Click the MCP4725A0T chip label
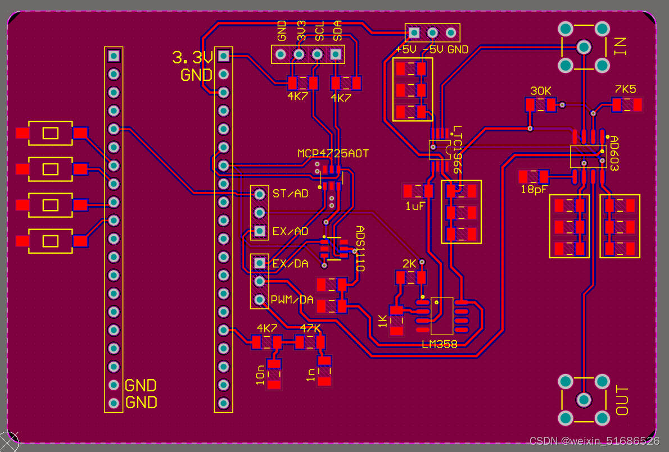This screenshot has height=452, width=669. pos(333,153)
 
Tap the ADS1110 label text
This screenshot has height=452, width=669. pos(360,249)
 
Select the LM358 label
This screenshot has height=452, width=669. pos(440,344)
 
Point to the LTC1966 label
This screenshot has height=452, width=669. pos(457,149)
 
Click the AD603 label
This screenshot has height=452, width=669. pos(613,153)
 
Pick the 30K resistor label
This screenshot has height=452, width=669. pos(541,91)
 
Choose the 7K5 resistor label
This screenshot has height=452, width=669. pos(625,89)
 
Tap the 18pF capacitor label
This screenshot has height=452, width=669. pos(534,190)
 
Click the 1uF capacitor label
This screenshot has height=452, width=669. pos(415,206)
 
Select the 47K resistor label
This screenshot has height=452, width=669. pos(310,328)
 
